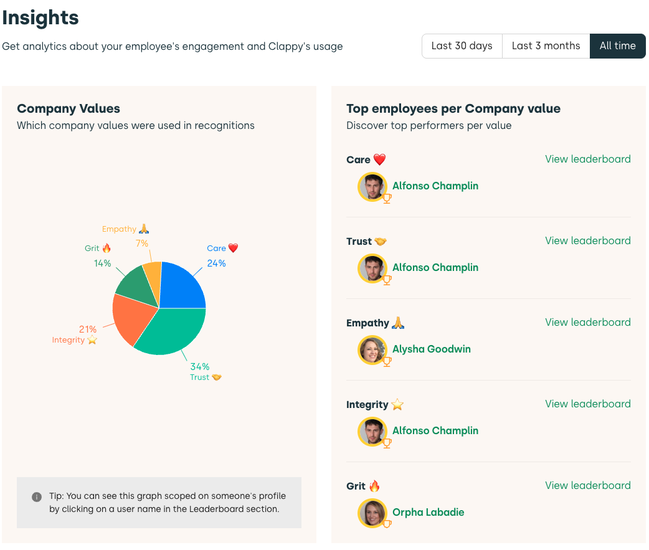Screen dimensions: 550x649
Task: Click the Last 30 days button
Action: coord(462,46)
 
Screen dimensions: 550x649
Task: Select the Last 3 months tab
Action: coord(546,46)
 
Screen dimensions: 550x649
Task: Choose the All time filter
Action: coord(617,46)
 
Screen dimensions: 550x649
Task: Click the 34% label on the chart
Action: coord(200,366)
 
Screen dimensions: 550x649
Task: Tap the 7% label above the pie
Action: coord(142,244)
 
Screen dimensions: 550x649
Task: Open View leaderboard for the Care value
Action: coord(587,159)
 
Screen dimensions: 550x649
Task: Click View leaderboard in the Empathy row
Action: coord(587,322)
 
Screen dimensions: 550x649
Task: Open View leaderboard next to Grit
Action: coord(587,485)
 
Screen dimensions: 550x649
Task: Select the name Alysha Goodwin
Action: coord(431,349)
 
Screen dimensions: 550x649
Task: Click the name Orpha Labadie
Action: coord(428,512)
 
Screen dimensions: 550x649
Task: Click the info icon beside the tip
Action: coord(37,497)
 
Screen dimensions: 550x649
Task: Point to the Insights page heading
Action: coord(40,17)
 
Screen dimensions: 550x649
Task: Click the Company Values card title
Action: coord(69,108)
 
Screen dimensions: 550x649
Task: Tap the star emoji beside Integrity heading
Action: coord(397,405)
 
